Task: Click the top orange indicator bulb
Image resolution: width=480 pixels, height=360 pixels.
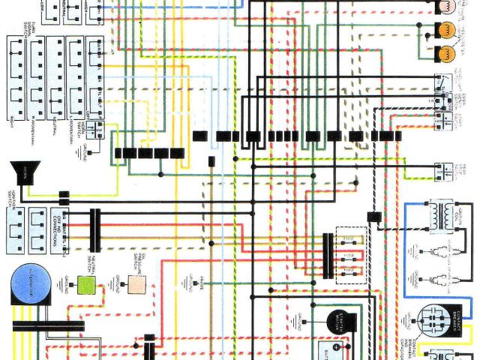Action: coord(446,30)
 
